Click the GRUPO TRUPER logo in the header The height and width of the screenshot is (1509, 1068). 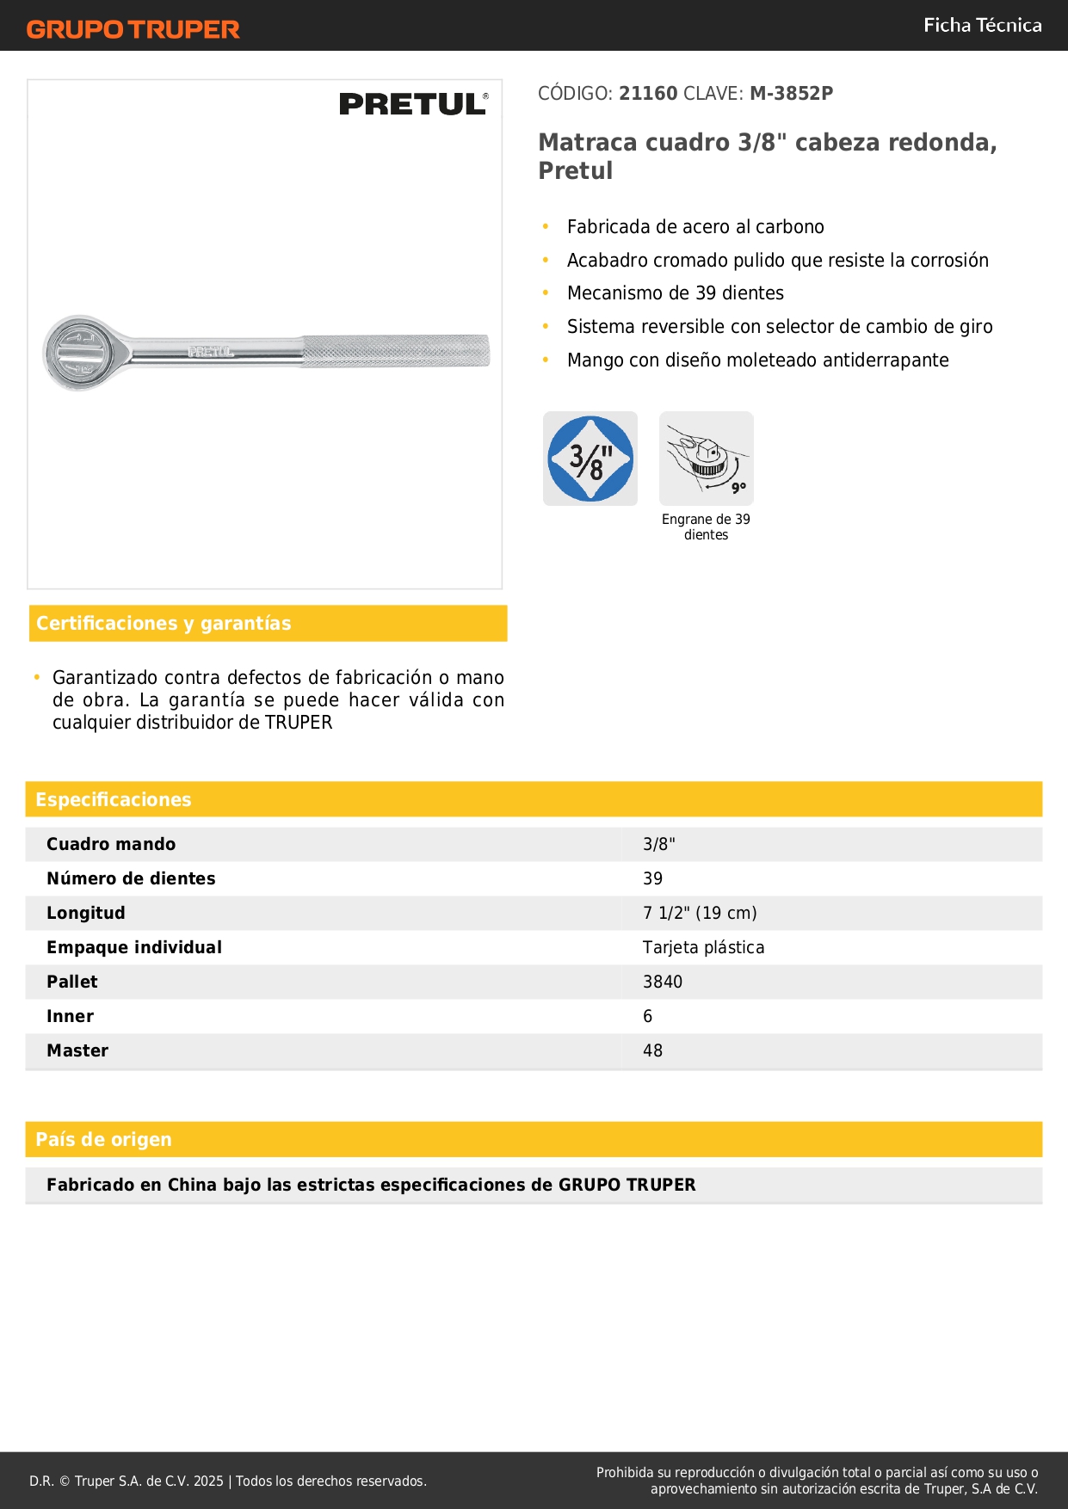point(133,29)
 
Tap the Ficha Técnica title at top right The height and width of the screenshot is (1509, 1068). point(982,26)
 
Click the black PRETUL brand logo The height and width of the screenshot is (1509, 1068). point(413,104)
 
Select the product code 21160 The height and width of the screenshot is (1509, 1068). point(648,94)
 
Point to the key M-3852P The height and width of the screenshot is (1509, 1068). point(791,94)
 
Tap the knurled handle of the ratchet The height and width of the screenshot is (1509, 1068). point(396,351)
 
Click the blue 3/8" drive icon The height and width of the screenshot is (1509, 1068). point(590,459)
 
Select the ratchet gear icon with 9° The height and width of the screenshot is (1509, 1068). point(706,459)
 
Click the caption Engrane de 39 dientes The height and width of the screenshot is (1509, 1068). point(706,527)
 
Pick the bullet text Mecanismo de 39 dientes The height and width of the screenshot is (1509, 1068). point(675,293)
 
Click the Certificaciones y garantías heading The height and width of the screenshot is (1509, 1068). point(164,624)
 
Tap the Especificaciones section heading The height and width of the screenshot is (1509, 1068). point(114,800)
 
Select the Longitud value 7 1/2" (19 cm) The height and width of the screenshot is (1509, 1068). point(700,914)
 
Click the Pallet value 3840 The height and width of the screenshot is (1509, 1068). point(663,982)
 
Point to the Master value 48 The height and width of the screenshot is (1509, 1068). point(652,1051)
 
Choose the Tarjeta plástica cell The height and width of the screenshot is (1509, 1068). point(703,948)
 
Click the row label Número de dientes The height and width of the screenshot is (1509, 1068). point(131,879)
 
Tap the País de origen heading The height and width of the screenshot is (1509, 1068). point(103,1140)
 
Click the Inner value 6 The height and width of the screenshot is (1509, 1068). point(648,1017)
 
